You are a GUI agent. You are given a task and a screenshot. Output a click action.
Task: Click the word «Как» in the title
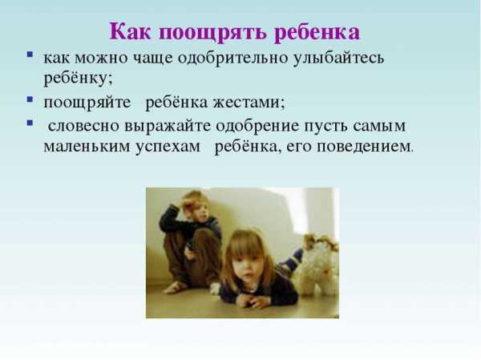pyautogui.click(x=130, y=31)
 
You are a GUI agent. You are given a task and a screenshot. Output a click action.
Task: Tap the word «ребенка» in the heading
pyautogui.click(x=317, y=32)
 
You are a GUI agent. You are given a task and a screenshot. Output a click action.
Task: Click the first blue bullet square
pyautogui.click(x=30, y=55)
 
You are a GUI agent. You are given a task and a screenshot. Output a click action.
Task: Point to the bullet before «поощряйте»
pyautogui.click(x=30, y=99)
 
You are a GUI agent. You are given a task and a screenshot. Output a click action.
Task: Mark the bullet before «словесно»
pyautogui.click(x=30, y=123)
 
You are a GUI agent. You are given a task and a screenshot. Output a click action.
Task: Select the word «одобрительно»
pyautogui.click(x=232, y=58)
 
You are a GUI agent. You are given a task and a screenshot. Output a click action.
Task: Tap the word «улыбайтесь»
pyautogui.click(x=338, y=58)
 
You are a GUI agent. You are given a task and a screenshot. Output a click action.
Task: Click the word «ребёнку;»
pyautogui.click(x=79, y=78)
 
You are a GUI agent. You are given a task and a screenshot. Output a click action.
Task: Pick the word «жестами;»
pyautogui.click(x=249, y=103)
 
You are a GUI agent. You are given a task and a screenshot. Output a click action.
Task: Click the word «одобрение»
pyautogui.click(x=257, y=126)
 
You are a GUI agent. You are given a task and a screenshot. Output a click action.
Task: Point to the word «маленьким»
pyautogui.click(x=87, y=147)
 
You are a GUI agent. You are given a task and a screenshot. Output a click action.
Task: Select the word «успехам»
pyautogui.click(x=168, y=147)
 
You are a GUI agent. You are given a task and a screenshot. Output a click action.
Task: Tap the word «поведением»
pyautogui.click(x=365, y=147)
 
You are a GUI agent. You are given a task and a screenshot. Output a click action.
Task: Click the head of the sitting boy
pyautogui.click(x=196, y=205)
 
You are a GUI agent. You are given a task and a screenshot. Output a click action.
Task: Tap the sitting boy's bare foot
pyautogui.click(x=175, y=288)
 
